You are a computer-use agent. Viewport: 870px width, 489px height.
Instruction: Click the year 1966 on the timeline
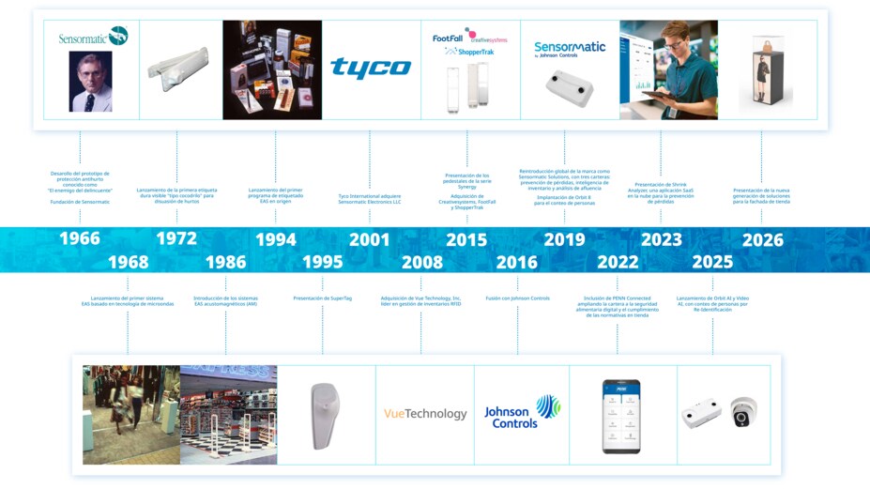tap(80, 238)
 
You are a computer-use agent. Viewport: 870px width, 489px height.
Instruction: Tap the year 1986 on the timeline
tap(226, 262)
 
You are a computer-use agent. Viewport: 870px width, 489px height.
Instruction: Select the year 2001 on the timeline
tap(369, 239)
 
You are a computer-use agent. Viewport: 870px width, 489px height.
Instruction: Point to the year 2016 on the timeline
tap(517, 262)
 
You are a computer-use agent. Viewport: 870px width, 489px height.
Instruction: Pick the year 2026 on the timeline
tap(762, 239)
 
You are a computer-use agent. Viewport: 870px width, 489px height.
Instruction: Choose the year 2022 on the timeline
tap(618, 262)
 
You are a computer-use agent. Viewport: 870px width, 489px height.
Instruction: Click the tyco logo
tap(371, 68)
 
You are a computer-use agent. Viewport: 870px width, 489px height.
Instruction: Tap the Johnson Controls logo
tap(521, 412)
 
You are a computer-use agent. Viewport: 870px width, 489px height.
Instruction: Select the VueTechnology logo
tap(424, 414)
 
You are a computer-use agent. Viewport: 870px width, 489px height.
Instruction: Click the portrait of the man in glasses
tap(90, 82)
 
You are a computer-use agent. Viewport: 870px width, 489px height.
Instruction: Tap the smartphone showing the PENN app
tap(620, 415)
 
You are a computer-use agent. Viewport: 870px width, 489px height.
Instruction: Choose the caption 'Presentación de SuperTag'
tap(323, 298)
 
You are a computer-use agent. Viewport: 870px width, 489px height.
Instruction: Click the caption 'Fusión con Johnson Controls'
tap(517, 298)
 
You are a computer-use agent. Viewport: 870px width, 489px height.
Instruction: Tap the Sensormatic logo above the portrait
tap(92, 36)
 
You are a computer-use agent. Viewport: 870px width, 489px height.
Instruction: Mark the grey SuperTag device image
tap(325, 415)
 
